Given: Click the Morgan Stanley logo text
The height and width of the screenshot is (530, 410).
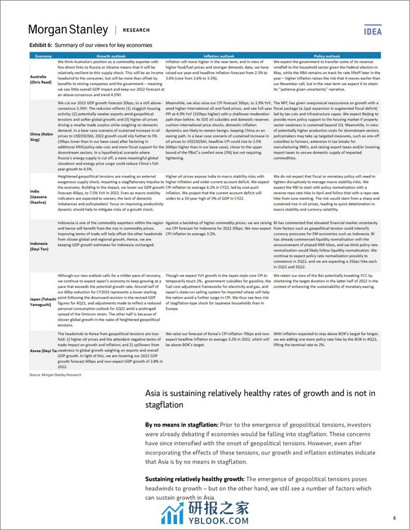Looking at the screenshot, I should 68,30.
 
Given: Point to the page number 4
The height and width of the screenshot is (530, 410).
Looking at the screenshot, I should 395,518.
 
